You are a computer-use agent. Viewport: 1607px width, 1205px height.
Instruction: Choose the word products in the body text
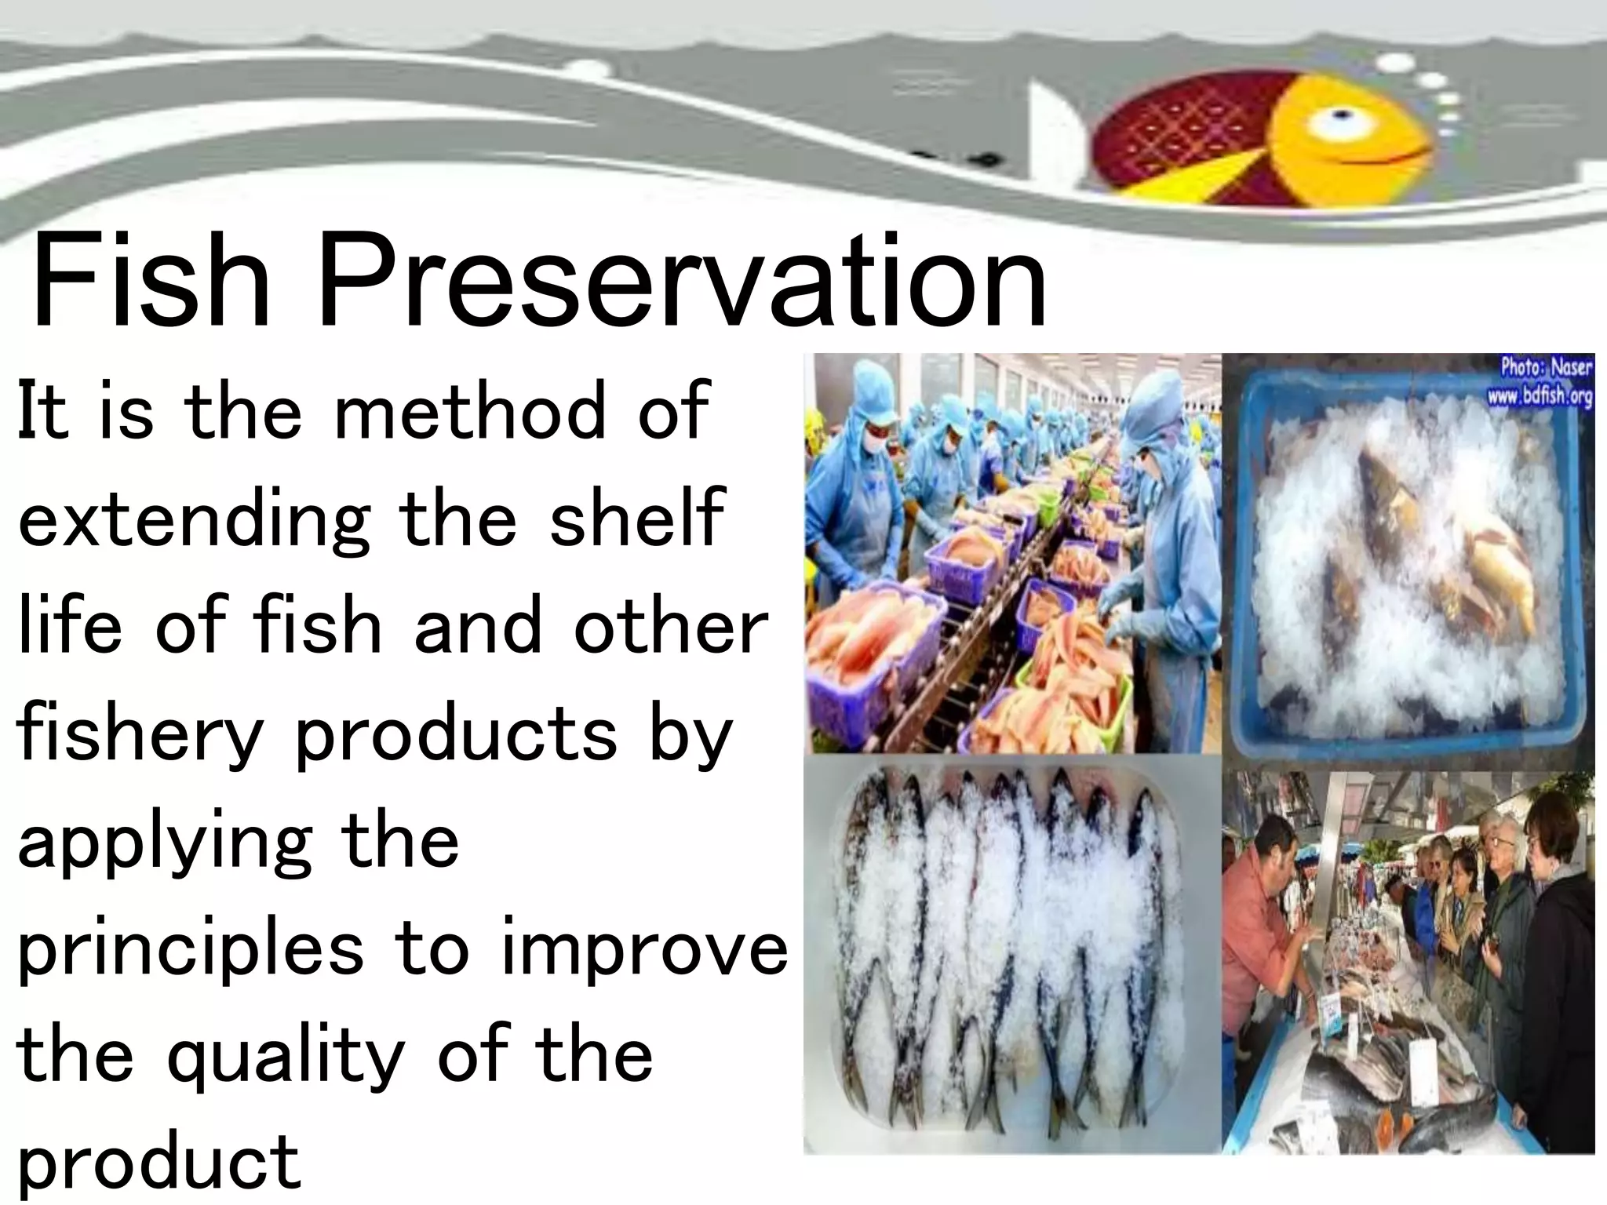coord(456,734)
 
